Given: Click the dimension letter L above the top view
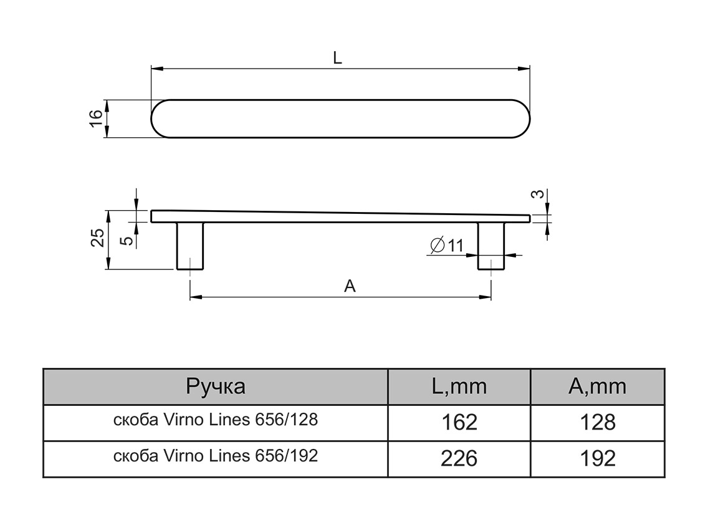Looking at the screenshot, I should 337,58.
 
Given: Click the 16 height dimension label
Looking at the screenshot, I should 95,118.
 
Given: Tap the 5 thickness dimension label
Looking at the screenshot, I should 127,239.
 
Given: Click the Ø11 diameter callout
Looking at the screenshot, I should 446,246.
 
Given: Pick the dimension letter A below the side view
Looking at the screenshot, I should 350,286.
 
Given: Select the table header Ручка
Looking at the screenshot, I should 216,387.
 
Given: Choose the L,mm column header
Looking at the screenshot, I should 459,387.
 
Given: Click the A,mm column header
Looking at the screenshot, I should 597,387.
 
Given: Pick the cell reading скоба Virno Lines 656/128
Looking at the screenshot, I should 216,420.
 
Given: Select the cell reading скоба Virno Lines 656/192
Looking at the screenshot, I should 216,456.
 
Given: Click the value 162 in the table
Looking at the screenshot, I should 459,422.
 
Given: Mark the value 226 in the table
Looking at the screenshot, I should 459,458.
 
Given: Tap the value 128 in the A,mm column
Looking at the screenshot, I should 597,422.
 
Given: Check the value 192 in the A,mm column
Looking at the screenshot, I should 597,458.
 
